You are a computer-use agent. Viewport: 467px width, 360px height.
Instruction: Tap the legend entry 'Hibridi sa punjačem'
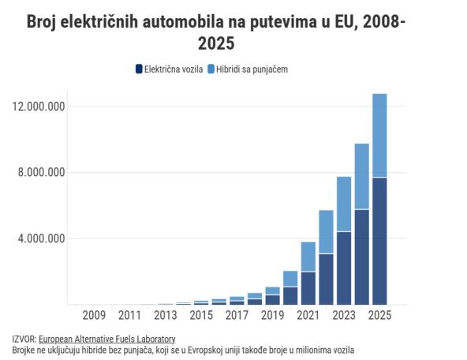pyautogui.click(x=252, y=69)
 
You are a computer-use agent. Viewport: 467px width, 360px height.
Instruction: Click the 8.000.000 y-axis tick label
pyautogui.click(x=40, y=173)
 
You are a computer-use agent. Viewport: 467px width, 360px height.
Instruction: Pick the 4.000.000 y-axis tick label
pyautogui.click(x=40, y=238)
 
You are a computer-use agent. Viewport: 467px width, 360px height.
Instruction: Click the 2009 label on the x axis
pyautogui.click(x=94, y=316)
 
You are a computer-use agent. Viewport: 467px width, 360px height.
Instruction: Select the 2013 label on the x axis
pyautogui.click(x=166, y=316)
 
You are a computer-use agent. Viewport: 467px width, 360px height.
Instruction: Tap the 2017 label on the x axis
pyautogui.click(x=237, y=316)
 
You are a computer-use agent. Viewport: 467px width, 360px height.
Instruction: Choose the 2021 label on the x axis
pyautogui.click(x=308, y=316)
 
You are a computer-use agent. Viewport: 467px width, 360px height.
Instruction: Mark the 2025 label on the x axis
pyautogui.click(x=379, y=316)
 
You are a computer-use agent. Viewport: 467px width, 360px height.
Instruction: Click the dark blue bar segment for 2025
pyautogui.click(x=379, y=241)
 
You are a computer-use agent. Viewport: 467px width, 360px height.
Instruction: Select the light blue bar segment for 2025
pyautogui.click(x=379, y=135)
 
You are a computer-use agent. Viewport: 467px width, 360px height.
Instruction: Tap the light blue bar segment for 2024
pyautogui.click(x=362, y=176)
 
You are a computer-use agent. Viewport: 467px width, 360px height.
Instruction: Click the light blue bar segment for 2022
pyautogui.click(x=326, y=231)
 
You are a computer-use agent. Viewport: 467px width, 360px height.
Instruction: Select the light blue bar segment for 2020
pyautogui.click(x=290, y=279)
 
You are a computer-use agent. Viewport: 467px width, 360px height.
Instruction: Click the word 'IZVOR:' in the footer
pyautogui.click(x=24, y=339)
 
